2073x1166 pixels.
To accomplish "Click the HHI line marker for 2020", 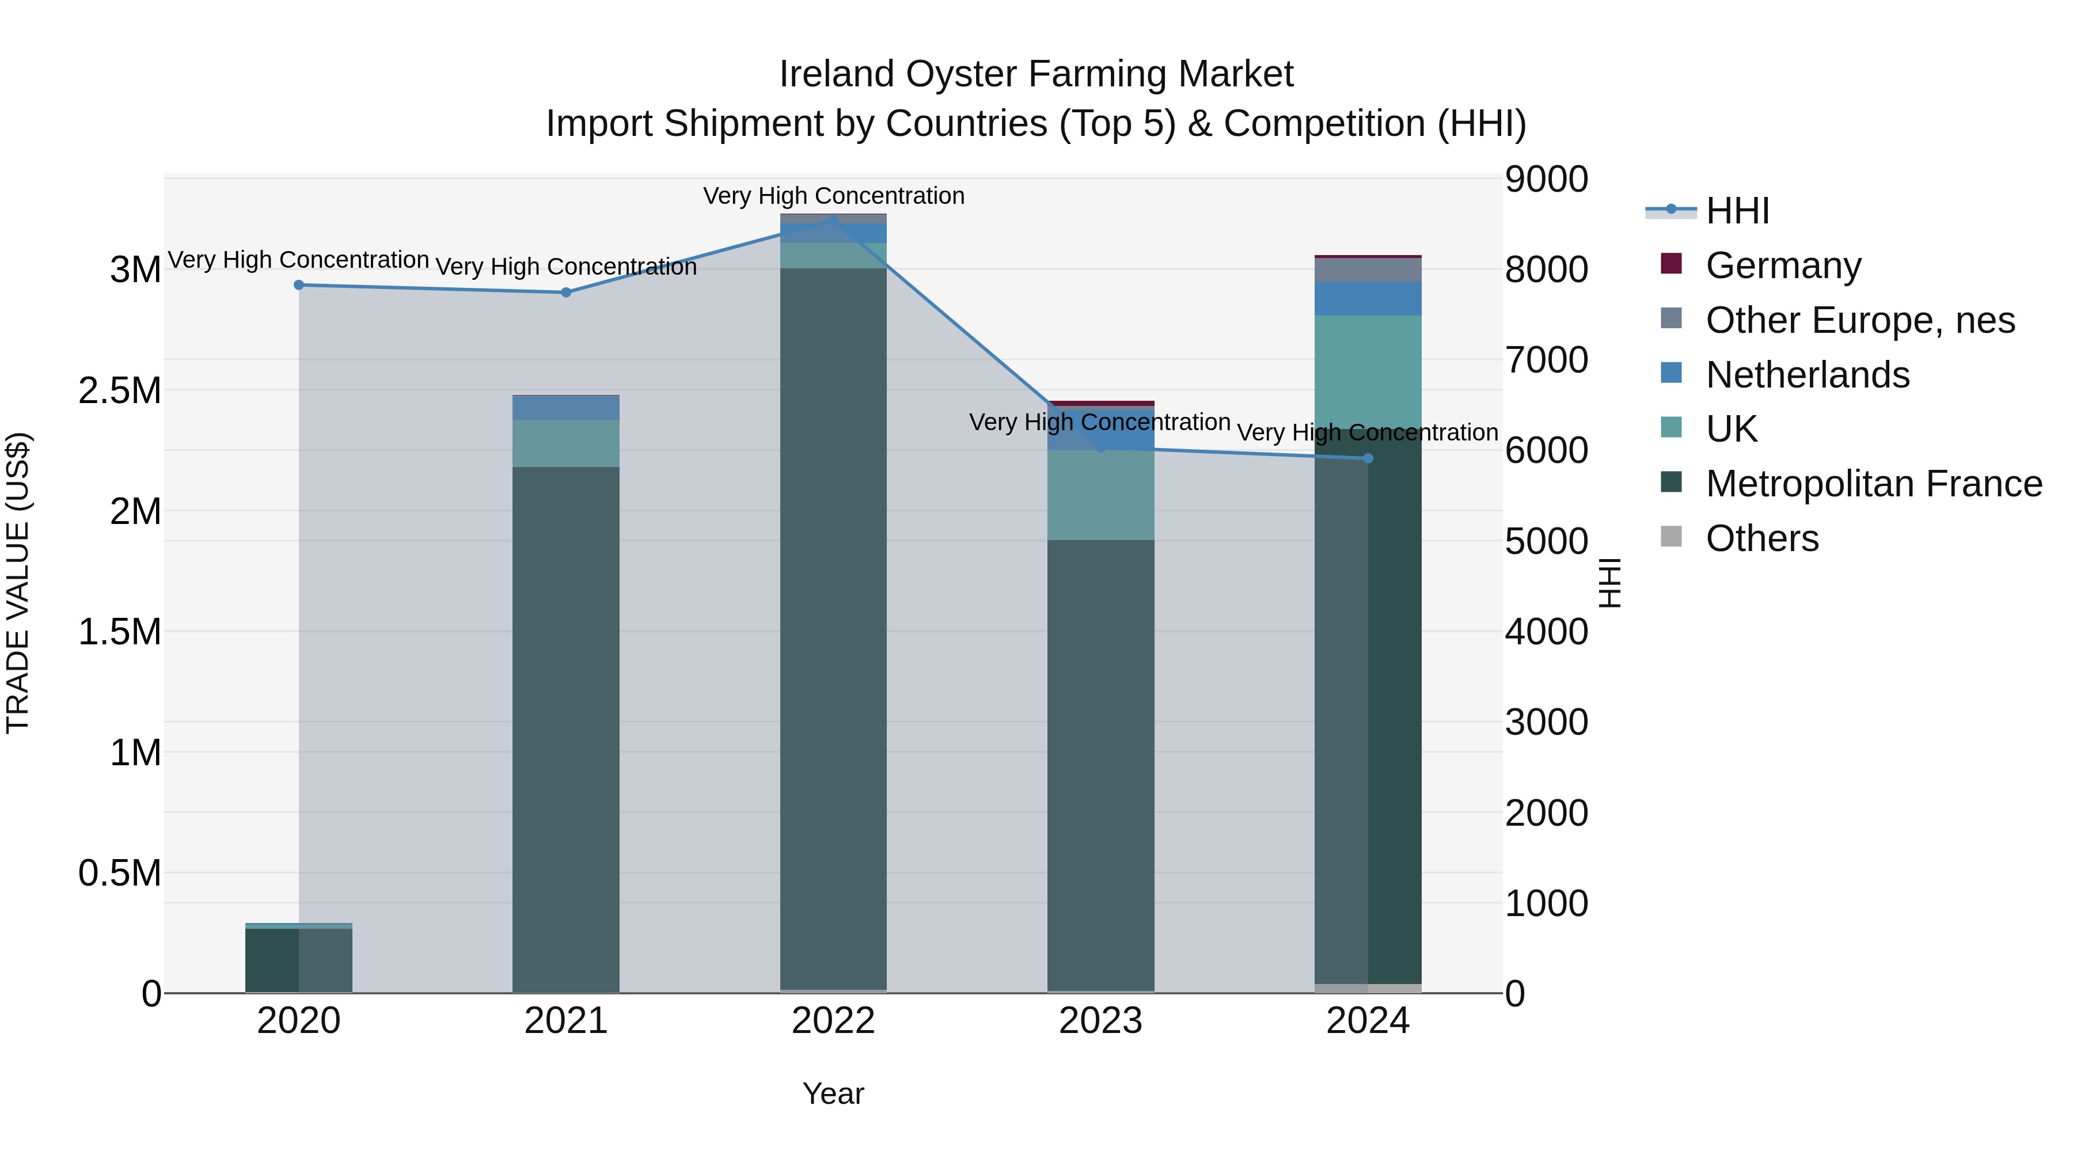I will pos(298,285).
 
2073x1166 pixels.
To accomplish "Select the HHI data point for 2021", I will pos(565,292).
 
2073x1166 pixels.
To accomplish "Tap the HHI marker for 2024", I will pos(1368,459).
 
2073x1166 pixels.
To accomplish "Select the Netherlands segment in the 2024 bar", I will pos(1368,298).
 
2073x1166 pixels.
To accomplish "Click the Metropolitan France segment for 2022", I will pos(833,628).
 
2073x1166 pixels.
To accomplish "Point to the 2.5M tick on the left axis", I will pos(120,390).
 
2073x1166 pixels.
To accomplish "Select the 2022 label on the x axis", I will pos(833,1021).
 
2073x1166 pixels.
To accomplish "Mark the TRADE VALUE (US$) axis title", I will pos(18,583).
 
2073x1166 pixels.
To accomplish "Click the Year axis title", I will pos(833,1093).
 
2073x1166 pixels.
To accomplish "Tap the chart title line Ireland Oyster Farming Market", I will pos(1036,74).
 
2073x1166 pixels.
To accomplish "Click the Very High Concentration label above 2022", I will pos(833,196).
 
